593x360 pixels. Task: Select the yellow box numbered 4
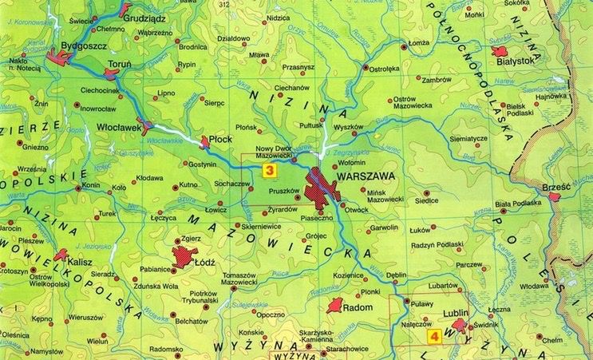[x=434, y=337]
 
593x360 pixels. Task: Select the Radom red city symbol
[x=335, y=305]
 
